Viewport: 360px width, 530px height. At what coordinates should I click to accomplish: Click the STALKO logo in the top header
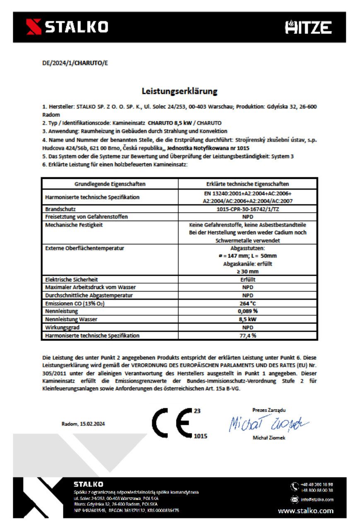point(67,27)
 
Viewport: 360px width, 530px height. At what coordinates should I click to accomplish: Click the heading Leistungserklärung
point(179,91)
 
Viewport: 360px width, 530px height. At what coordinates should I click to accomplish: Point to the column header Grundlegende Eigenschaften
point(110,184)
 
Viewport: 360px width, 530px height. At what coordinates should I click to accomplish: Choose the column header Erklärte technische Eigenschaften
point(248,184)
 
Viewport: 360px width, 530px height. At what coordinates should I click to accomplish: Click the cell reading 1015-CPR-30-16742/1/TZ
point(248,210)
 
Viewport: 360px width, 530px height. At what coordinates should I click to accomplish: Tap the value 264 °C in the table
point(248,303)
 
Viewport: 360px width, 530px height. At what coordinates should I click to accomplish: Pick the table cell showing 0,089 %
point(248,311)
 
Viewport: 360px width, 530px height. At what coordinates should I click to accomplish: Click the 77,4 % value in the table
point(248,335)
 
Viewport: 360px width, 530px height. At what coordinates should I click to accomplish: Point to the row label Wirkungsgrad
point(62,327)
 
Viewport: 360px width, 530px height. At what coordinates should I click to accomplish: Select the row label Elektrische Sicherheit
point(72,279)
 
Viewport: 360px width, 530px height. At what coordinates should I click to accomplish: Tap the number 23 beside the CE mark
point(197,411)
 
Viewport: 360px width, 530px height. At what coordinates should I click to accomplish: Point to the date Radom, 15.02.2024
point(83,424)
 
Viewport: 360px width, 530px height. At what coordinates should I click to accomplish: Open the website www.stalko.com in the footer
point(305,511)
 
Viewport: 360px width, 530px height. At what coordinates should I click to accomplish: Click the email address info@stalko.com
point(317,499)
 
